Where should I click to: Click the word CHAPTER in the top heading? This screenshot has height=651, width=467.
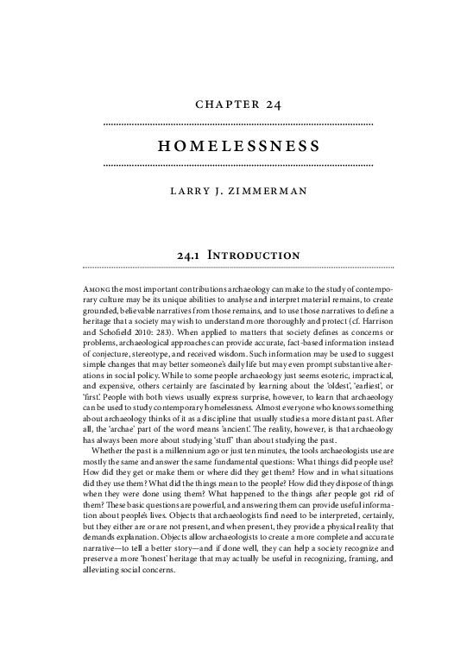coord(218,105)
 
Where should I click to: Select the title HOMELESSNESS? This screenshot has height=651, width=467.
coord(237,143)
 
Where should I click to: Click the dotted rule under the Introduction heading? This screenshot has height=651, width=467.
coord(237,268)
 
